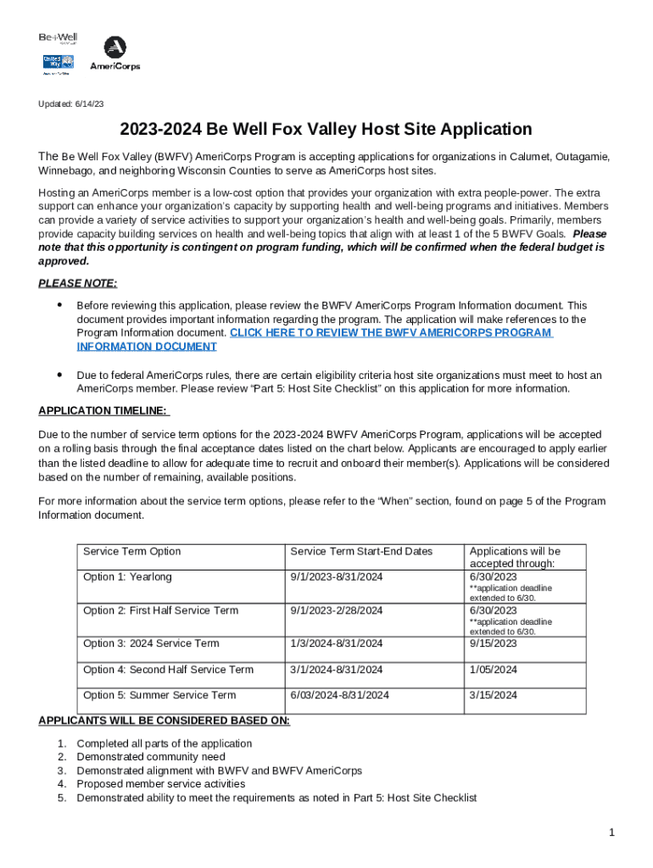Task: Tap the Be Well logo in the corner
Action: pos(58,38)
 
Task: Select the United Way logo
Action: pos(58,64)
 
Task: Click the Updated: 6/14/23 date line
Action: pos(70,103)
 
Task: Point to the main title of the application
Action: pos(326,130)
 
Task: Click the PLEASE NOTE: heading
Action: pos(78,283)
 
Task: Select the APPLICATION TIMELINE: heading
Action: pos(104,411)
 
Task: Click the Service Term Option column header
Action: pos(131,551)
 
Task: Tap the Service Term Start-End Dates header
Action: pos(361,551)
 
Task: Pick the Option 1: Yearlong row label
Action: pos(127,576)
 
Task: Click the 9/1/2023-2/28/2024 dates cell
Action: pos(337,610)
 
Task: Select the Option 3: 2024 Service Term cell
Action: pos(151,643)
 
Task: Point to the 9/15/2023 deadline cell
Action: pos(494,643)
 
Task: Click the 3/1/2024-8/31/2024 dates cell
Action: pos(337,670)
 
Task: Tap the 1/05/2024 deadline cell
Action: pos(493,670)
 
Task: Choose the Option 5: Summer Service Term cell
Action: pos(159,695)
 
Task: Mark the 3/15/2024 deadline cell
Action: pos(493,695)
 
